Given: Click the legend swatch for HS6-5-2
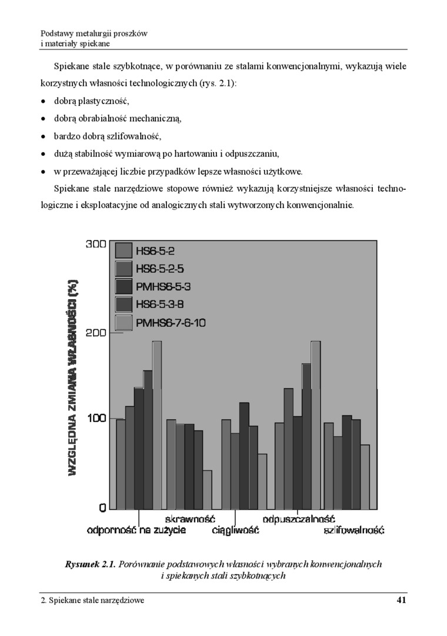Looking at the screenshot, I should coord(124,250).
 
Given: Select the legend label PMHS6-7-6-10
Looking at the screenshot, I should coord(171,323).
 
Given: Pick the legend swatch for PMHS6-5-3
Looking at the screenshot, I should coord(124,287).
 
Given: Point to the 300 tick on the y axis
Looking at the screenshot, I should coord(95,244).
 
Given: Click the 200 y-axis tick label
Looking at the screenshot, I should coord(95,332).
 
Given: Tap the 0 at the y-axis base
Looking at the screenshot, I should coord(102,507).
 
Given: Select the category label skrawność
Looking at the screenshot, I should coord(189,519).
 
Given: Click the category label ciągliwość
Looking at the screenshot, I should coord(235,530).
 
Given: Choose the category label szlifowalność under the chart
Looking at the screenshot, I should coord(354,530).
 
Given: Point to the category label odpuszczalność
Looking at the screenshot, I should coord(299,519).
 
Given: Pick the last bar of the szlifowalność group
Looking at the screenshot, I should coord(365,476).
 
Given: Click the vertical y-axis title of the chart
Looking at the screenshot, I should coord(74,376).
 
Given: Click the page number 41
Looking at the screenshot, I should coord(402,600).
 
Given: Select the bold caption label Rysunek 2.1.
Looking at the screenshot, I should coord(91,564).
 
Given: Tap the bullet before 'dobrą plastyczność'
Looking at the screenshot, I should coord(44,101).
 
